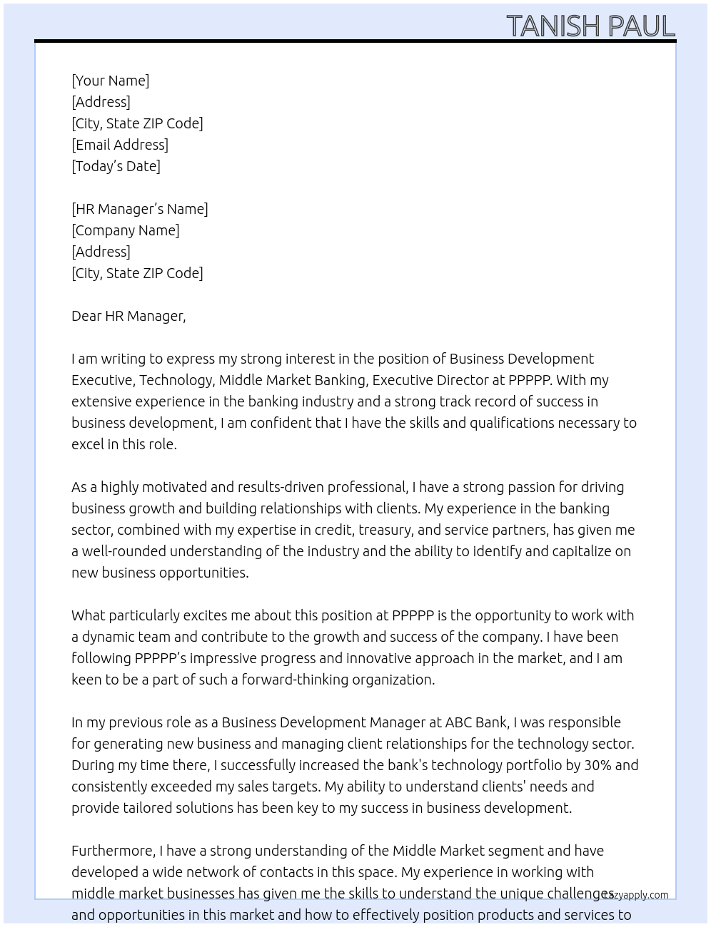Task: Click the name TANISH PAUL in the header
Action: (x=590, y=26)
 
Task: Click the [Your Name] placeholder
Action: (x=110, y=81)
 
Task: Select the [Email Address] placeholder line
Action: (x=120, y=145)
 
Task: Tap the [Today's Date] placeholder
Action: (x=116, y=166)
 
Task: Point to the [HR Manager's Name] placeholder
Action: (x=140, y=209)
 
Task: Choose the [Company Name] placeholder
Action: (x=126, y=230)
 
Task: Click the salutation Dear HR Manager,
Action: (x=128, y=316)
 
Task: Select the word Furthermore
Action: (x=113, y=851)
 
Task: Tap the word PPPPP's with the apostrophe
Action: (x=161, y=658)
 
